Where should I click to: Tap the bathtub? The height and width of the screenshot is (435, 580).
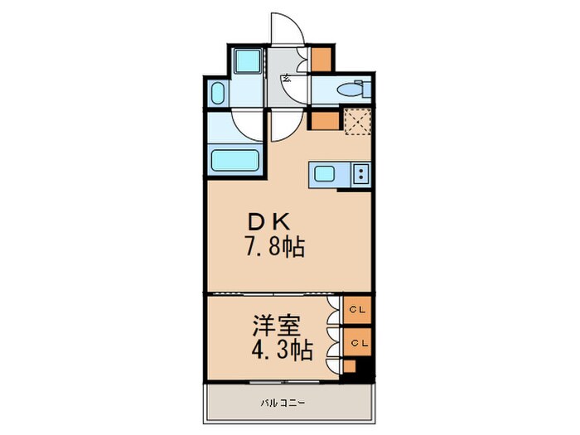(x=236, y=159)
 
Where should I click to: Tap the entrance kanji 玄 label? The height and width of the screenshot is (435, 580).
(x=286, y=79)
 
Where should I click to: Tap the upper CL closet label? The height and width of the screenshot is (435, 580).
(x=359, y=310)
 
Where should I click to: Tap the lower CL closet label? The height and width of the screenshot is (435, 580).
(x=359, y=341)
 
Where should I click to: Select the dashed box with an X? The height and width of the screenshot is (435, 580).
(x=358, y=121)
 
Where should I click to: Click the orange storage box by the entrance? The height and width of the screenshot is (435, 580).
(x=321, y=57)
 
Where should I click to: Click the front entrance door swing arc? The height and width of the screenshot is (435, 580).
(x=286, y=29)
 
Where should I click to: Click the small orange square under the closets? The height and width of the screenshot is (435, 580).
(x=350, y=366)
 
